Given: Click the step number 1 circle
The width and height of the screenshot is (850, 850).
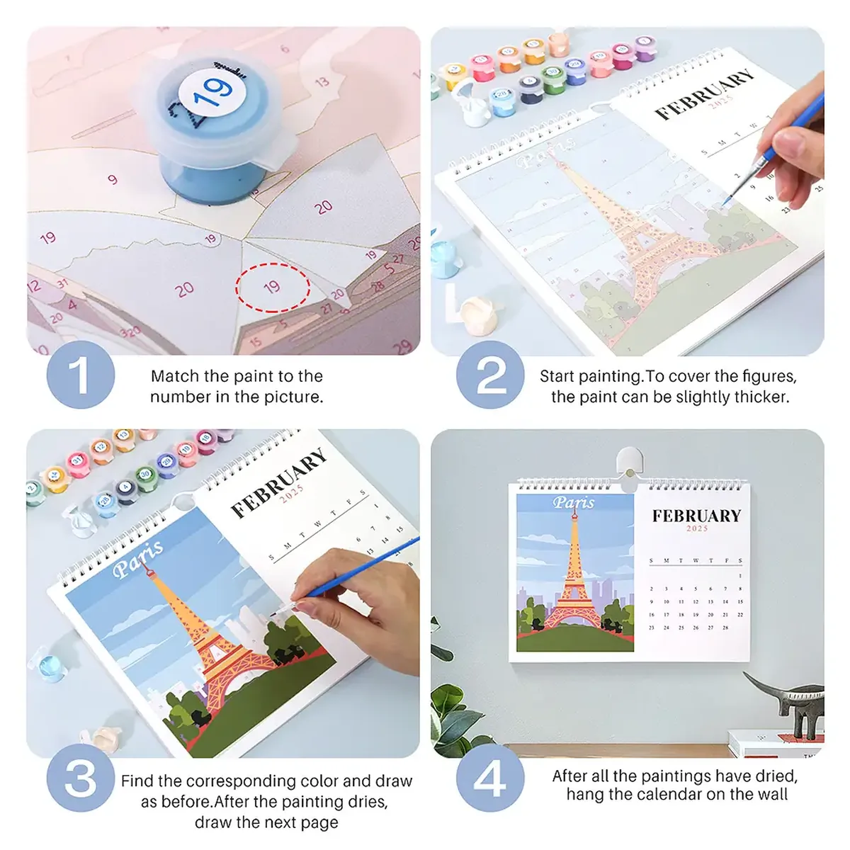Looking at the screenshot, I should point(80,375).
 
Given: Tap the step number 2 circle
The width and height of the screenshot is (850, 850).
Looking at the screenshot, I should point(491,375).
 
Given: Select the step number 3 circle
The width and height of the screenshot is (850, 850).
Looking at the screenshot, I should point(80,778).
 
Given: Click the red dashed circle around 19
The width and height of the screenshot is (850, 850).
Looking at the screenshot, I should point(273,287).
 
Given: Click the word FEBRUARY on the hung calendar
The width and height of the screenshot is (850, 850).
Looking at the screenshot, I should point(696,516).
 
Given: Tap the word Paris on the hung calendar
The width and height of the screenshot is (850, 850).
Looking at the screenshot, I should point(574,503).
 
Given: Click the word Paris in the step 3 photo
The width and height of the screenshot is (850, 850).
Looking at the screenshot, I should point(138,558).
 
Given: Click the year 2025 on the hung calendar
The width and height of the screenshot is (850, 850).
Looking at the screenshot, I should point(697,528).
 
